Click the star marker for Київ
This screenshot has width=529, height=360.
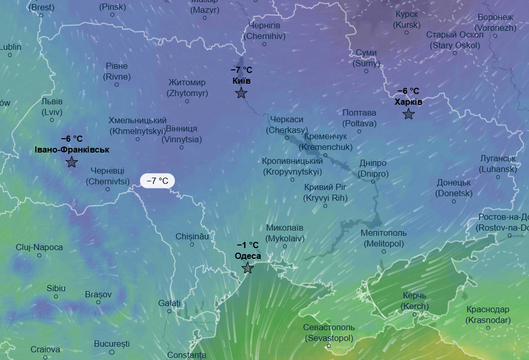coord(241,93)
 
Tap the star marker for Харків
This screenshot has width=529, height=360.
coord(408,114)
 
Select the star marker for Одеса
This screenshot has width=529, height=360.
coord(248,268)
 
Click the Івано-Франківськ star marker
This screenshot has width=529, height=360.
coord(72,162)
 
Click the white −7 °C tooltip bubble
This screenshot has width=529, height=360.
coord(158,181)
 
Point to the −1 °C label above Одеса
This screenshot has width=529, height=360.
coord(248,245)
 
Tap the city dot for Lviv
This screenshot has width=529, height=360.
coord(52,120)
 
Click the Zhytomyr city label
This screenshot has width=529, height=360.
coord(187,87)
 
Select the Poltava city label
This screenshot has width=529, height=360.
coord(359,118)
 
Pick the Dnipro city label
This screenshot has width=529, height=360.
coord(373,168)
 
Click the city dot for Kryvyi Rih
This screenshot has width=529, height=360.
coord(325,206)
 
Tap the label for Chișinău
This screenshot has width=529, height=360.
coord(192,236)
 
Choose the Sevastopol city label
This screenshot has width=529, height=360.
coord(329,333)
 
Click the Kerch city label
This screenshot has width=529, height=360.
coord(414,301)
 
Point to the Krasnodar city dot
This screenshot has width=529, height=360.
coord(488,328)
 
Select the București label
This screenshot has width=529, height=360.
coord(112,344)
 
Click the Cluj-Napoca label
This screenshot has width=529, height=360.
coord(40,247)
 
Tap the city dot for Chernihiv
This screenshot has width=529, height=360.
coord(265,44)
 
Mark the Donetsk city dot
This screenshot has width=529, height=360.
coord(454,202)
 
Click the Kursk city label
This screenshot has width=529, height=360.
coord(407,20)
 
